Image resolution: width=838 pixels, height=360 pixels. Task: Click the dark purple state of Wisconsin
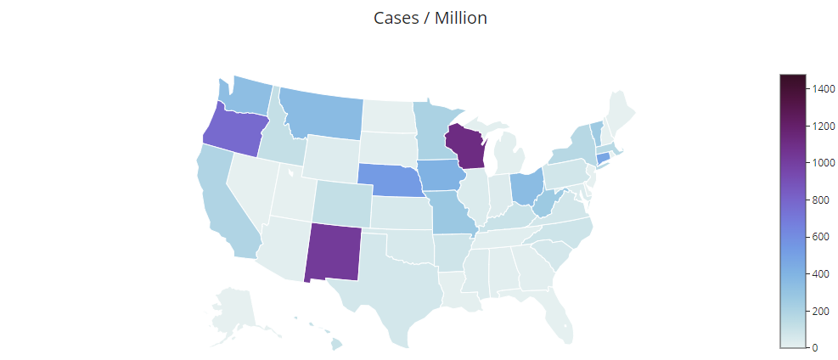pyautogui.click(x=464, y=146)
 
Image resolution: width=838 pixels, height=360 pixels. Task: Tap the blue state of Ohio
pyautogui.click(x=526, y=188)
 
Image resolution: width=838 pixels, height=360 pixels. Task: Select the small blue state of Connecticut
pyautogui.click(x=604, y=157)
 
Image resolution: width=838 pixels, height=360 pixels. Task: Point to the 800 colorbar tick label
pyautogui.click(x=817, y=200)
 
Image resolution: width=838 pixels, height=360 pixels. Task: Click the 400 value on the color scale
pyautogui.click(x=817, y=273)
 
